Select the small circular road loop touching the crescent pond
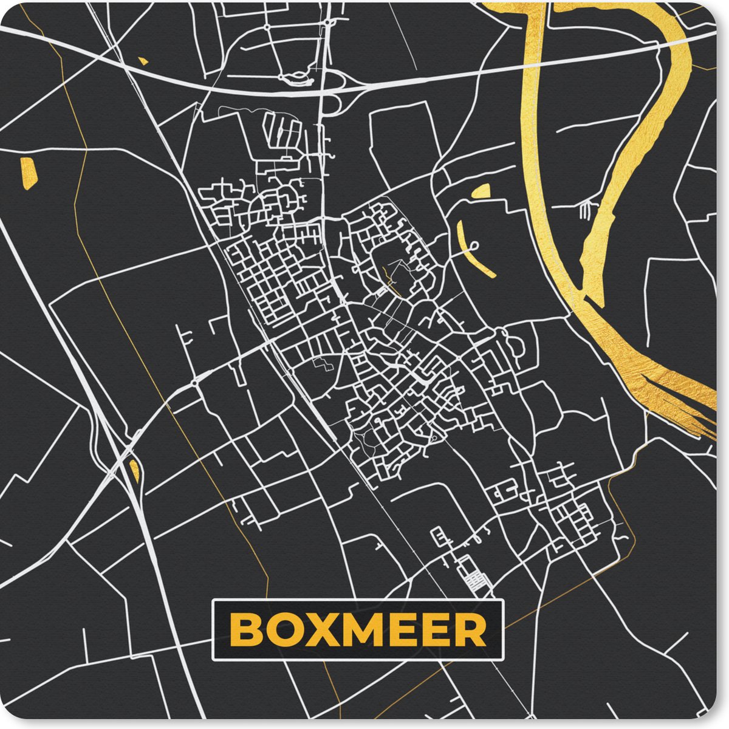(x=474, y=245)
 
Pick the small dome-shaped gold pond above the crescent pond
(x=481, y=191)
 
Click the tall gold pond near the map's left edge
(x=28, y=173)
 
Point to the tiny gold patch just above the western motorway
(x=143, y=61)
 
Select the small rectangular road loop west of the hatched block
(x=437, y=536)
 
